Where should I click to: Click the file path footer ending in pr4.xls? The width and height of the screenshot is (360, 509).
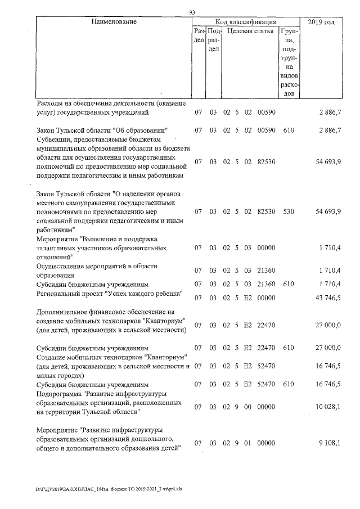pos(109,489)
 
